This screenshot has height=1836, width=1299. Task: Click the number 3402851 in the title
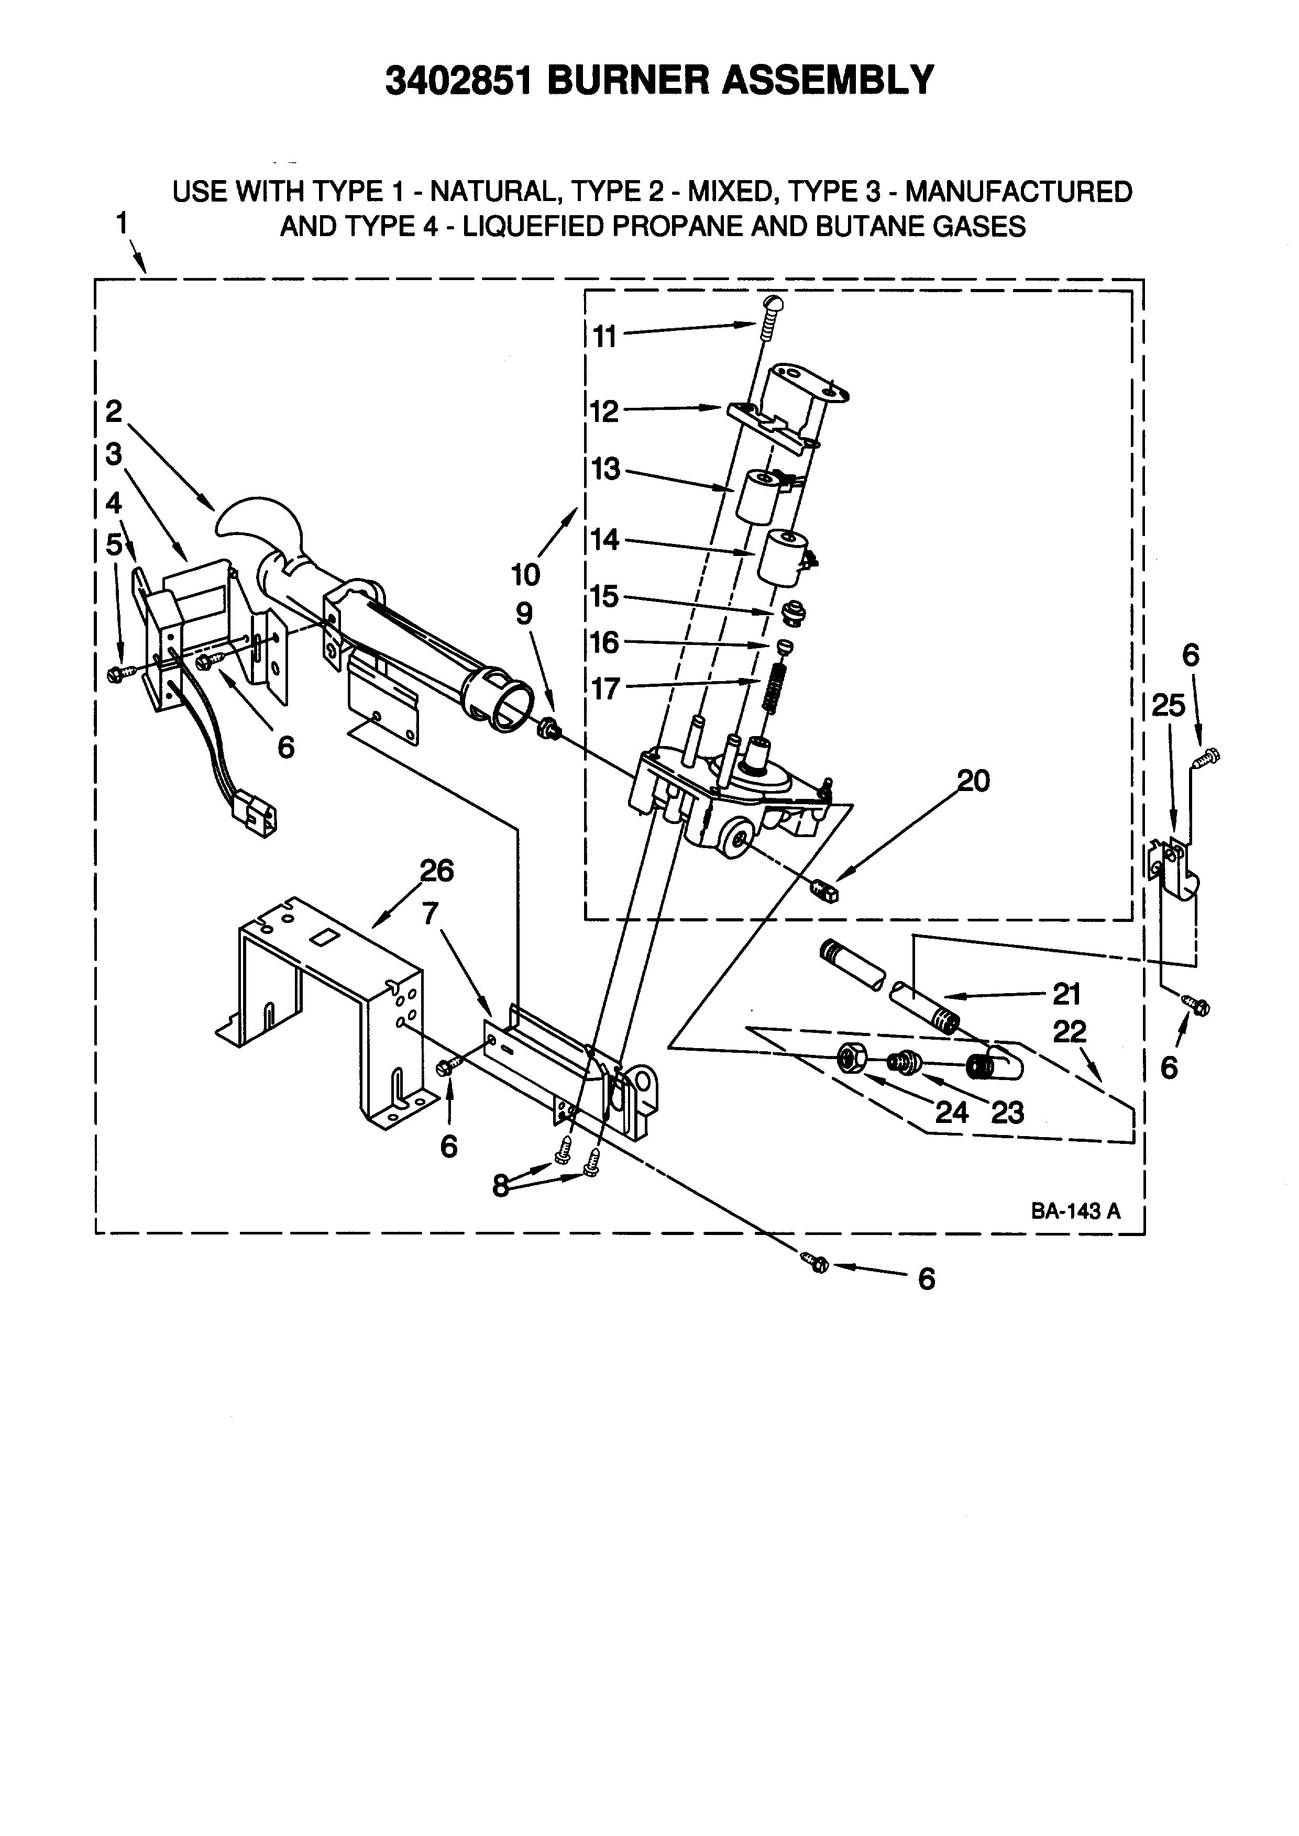pyautogui.click(x=458, y=80)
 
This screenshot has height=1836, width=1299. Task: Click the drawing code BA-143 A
pyautogui.click(x=1075, y=1211)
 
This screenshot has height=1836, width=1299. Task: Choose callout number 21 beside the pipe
pyautogui.click(x=1066, y=994)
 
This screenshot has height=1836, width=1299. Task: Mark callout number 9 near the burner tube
pyautogui.click(x=523, y=614)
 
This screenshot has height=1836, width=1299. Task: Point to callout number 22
pyautogui.click(x=1070, y=1032)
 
